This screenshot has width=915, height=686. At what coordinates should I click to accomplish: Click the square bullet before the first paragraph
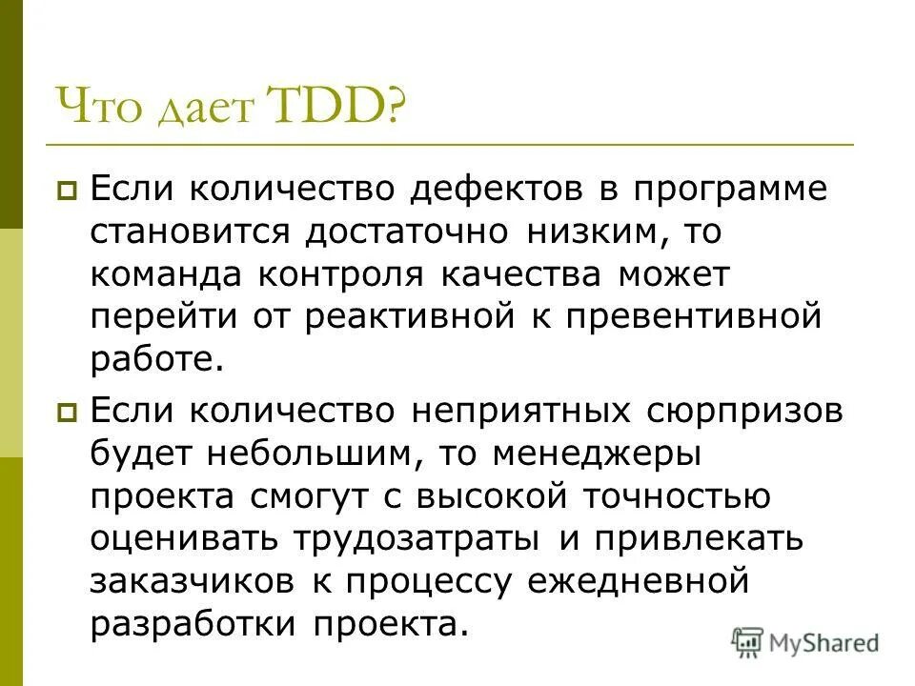click(68, 192)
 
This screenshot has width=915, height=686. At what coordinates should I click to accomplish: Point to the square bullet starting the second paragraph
click(68, 414)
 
